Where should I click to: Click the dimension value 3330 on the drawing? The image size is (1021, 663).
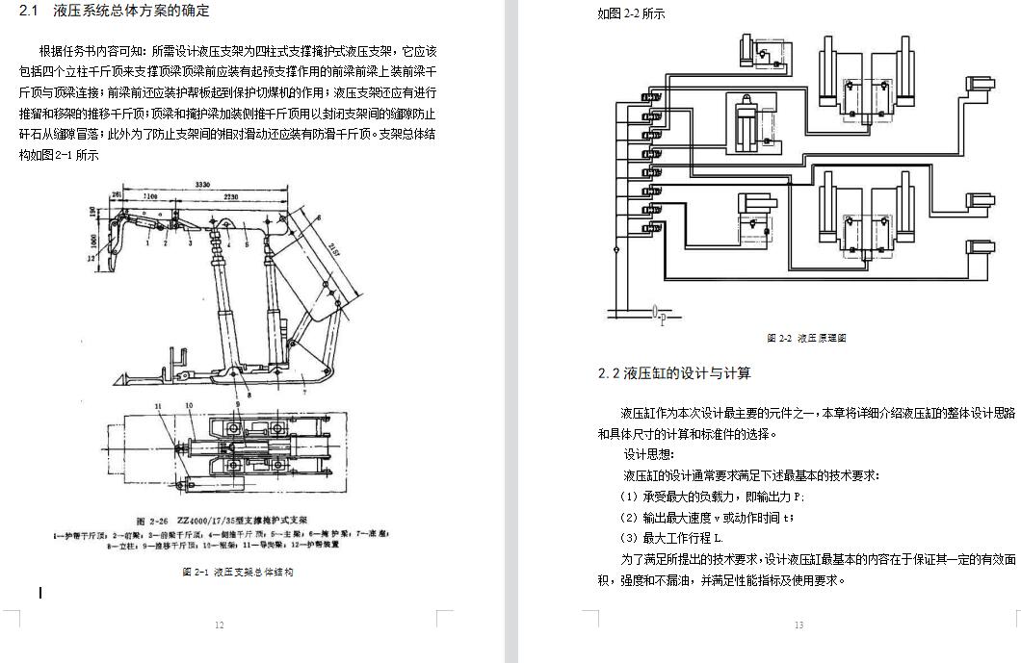(x=201, y=184)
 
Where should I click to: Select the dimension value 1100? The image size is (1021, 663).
(x=150, y=196)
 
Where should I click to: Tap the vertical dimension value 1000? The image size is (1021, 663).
(x=92, y=240)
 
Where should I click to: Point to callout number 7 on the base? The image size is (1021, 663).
(x=304, y=392)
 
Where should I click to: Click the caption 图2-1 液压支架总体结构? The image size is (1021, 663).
(x=237, y=572)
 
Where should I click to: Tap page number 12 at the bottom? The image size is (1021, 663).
(x=219, y=625)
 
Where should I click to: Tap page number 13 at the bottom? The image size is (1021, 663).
(x=798, y=625)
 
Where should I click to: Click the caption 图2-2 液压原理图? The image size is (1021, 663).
(x=806, y=338)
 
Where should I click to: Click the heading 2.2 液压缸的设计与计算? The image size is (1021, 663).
(x=674, y=373)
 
